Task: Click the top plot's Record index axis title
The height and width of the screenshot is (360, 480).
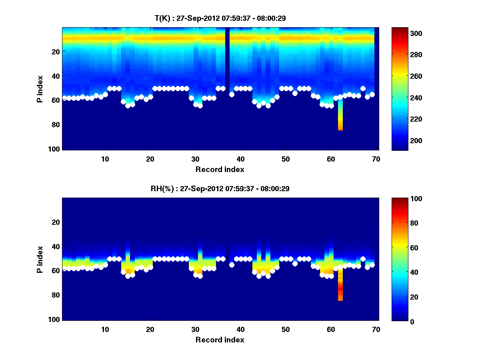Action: [220, 169]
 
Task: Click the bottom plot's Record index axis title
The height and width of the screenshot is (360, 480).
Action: [220, 340]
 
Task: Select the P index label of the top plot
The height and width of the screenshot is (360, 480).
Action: [40, 89]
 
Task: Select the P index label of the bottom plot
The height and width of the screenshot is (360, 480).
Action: [40, 259]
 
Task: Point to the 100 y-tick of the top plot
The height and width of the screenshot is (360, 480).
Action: [55, 149]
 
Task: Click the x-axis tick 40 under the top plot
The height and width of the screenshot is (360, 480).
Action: [240, 158]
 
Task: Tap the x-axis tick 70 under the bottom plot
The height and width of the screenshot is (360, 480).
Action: [376, 329]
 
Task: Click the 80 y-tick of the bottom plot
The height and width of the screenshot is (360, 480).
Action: [56, 295]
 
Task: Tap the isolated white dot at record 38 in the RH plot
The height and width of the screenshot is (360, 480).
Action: [232, 265]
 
